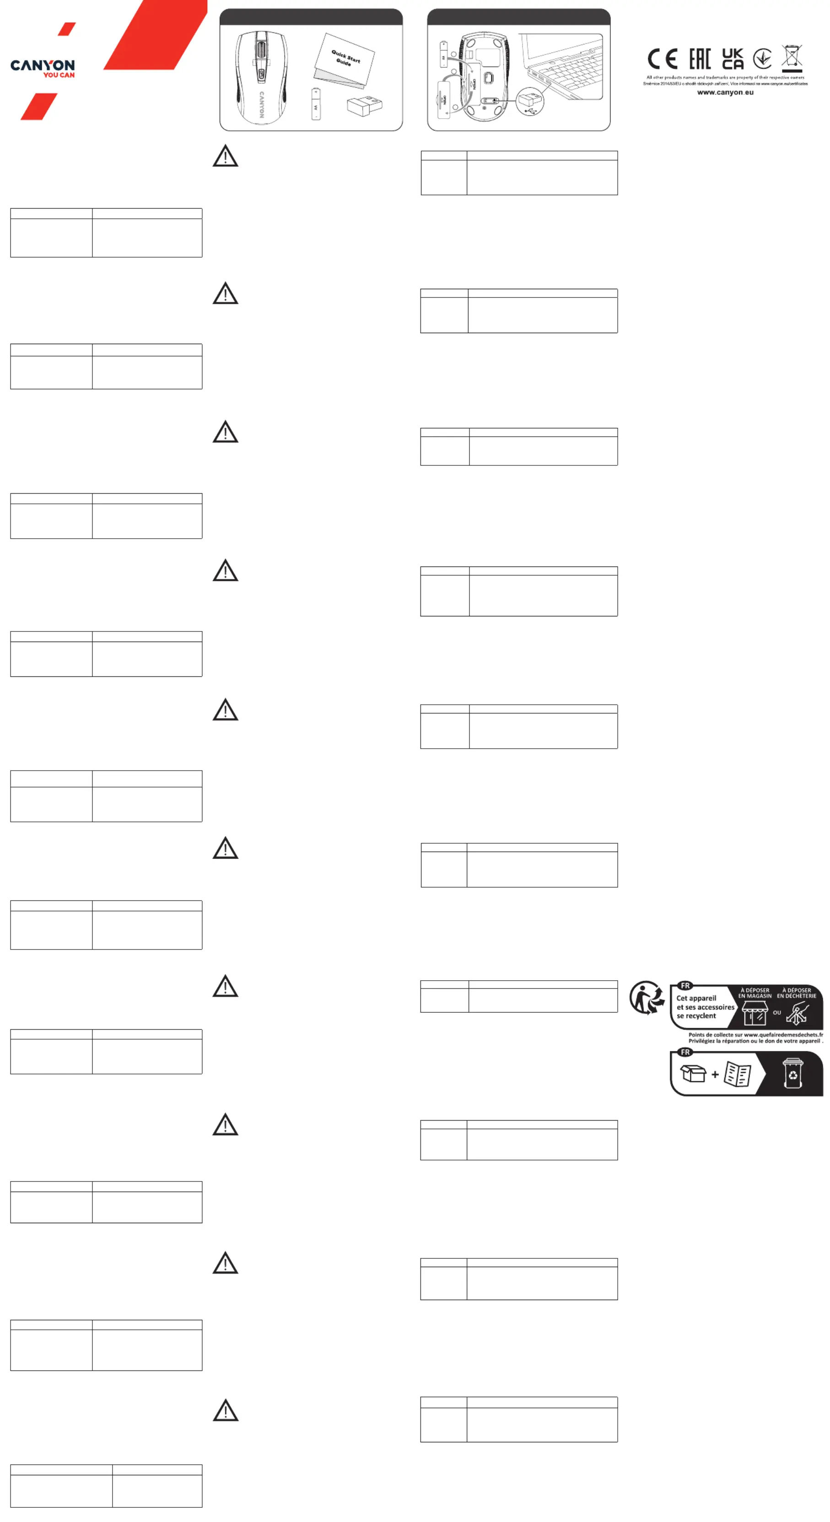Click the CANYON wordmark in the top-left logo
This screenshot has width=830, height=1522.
click(x=43, y=65)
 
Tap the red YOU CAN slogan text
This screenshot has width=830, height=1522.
click(x=59, y=75)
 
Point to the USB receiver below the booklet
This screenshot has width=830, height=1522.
click(x=365, y=106)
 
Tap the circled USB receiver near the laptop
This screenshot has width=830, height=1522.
click(x=530, y=102)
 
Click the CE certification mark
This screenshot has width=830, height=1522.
click(x=662, y=59)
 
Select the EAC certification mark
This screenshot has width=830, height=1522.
click(x=700, y=59)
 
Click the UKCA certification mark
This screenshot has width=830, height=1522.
click(x=733, y=59)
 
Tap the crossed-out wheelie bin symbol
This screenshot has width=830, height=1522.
click(x=792, y=58)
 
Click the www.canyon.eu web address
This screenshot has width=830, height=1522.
click(x=725, y=93)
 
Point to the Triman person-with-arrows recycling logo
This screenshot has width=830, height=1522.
click(x=647, y=998)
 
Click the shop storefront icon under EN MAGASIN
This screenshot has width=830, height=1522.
click(x=755, y=1013)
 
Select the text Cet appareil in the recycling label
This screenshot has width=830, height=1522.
click(x=696, y=998)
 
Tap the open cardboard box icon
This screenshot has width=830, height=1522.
click(x=693, y=1074)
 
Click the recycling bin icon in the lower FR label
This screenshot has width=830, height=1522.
click(x=792, y=1074)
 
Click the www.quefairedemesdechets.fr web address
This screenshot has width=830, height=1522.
click(x=783, y=1035)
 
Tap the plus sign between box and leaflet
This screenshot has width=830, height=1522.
click(x=715, y=1075)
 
